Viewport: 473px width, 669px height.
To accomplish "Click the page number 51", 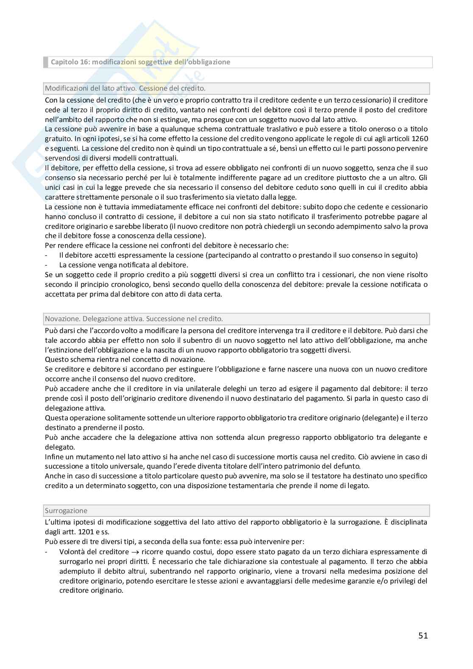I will (x=423, y=635).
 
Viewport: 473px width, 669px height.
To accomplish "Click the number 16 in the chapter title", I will (x=84, y=62).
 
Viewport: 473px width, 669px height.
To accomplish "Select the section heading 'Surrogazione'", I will (x=66, y=511).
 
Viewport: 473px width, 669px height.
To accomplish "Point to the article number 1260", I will (x=420, y=139).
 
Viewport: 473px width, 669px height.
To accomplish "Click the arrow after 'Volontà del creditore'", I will (x=136, y=552).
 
